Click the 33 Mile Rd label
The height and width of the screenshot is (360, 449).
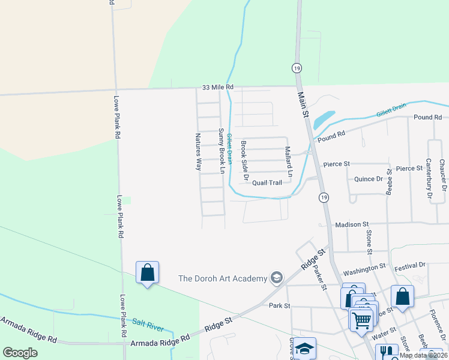pos(217,87)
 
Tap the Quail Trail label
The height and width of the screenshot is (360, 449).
pos(267,182)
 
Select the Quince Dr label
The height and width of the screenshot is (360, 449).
pos(368,179)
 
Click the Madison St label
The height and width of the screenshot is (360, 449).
pos(352,224)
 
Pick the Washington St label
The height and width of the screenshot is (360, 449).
pos(364,266)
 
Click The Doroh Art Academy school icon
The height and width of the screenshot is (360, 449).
pos(276,277)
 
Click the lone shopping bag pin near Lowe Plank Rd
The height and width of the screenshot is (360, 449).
pos(147,273)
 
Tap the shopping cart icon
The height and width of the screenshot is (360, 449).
pos(361,320)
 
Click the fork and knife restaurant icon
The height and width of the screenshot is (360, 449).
pos(386,352)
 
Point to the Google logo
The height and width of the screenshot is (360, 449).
pos(20,353)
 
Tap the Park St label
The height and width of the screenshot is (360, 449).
pos(280,305)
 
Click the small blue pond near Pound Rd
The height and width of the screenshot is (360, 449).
pos(324,118)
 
